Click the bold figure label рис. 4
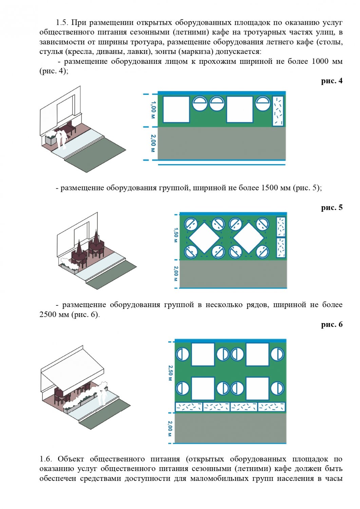331,81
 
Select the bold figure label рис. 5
331,207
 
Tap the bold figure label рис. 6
331,324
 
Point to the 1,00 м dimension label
153,110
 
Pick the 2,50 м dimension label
170,373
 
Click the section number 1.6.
46,459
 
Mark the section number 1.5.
62,23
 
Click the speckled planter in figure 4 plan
278,111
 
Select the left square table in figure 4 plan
176,109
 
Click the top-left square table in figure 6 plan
203,355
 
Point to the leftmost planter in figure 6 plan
189,407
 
